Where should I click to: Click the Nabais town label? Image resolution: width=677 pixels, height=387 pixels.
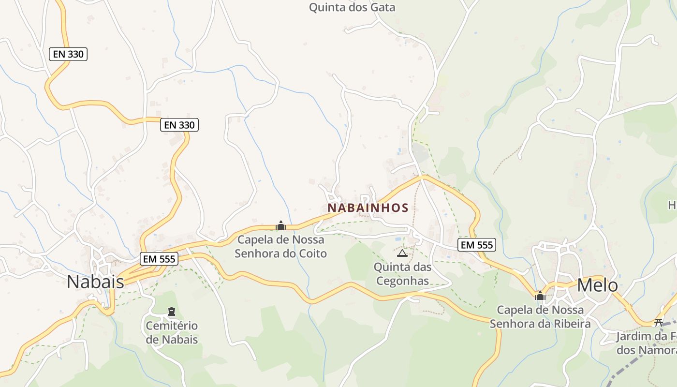95,281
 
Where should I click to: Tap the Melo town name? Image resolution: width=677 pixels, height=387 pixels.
597,285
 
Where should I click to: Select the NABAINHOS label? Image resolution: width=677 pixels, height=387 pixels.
368,208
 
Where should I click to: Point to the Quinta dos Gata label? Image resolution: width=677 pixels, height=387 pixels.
352,7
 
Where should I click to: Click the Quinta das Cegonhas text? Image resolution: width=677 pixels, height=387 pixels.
402,274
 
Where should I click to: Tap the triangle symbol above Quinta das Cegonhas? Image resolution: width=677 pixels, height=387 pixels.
402,253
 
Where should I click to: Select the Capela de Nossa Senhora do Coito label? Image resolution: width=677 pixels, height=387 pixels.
281,246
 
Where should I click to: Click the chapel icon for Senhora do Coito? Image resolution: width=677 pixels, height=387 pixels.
281,225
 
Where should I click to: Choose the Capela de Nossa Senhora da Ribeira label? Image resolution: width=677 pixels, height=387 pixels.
540,317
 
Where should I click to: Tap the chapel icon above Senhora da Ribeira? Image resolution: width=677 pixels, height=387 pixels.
540,296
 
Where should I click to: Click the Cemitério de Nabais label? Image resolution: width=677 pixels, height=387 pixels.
172,332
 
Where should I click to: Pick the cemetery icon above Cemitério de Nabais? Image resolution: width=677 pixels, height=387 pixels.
171,311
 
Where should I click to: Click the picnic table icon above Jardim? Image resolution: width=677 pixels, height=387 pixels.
658,322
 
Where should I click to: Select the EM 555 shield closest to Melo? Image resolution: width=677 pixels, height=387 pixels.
477,245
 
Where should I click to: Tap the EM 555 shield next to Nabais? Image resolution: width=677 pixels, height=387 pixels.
159,259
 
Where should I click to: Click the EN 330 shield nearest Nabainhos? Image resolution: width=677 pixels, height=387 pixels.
179,125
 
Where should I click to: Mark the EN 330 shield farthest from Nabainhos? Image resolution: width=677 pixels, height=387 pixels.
68,54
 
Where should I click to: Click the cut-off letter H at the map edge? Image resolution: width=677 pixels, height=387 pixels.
672,206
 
